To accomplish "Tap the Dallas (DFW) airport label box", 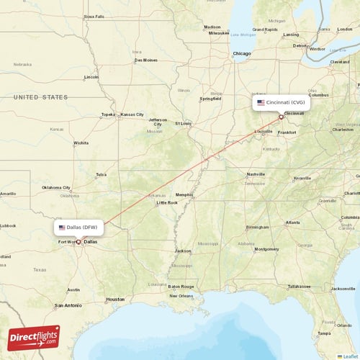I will (x=78, y=228).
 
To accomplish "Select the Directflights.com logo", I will (x=34, y=338).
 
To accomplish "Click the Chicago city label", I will (x=241, y=54).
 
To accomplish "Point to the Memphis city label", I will (x=184, y=194).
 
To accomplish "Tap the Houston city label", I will (x=115, y=299).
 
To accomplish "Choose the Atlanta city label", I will (x=292, y=222).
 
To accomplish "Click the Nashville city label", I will (x=256, y=174).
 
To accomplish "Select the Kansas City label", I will (x=132, y=114).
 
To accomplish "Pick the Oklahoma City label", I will (x=56, y=187).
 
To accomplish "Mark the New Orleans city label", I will (x=181, y=296).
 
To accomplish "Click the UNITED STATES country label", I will (x=40, y=97).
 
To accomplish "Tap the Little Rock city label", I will (x=167, y=203).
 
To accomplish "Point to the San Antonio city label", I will (x=68, y=305).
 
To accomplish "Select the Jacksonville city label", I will (x=343, y=288).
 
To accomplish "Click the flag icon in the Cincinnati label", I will (x=261, y=103).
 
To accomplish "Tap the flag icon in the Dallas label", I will (x=62, y=228).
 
